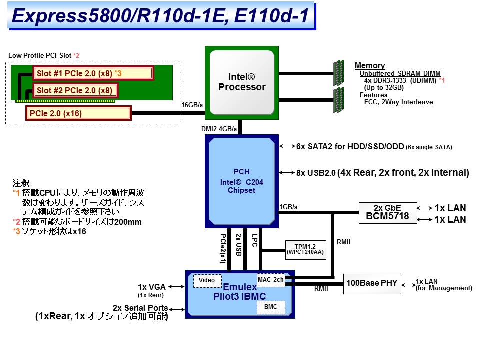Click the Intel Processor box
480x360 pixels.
pos(242,82)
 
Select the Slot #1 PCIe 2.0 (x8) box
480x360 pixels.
pos(93,73)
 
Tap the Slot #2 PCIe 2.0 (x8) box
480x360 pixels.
pos(76,90)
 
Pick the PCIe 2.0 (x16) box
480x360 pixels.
pos(78,113)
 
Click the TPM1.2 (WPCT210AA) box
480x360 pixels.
pos(305,248)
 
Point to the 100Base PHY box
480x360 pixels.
pos(372,283)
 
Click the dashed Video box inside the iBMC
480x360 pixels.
pos(207,281)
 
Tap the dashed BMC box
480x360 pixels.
pos(271,307)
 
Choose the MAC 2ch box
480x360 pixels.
pos(271,280)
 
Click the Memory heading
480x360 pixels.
pos(370,66)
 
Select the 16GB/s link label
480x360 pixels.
pos(192,105)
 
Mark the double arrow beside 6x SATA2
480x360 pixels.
pos(287,146)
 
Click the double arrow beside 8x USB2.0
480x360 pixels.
pos(287,173)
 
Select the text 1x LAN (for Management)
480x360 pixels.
pos(444,285)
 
